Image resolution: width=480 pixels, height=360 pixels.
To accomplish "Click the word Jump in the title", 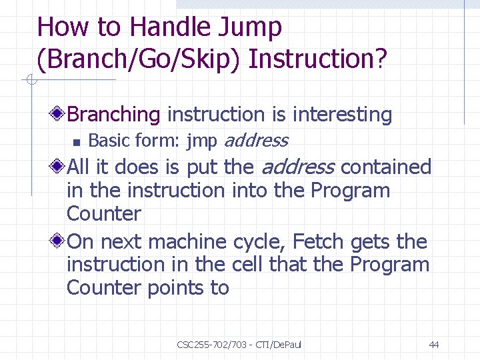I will click(x=251, y=28).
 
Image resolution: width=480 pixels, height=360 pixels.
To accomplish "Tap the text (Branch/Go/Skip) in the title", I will click(x=139, y=59).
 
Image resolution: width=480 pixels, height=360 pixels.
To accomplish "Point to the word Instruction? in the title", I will click(x=317, y=59).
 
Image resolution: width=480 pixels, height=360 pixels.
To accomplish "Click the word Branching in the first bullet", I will click(x=114, y=115).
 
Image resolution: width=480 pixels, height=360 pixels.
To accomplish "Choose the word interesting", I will click(x=342, y=115).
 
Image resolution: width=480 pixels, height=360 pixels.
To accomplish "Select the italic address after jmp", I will click(x=256, y=141).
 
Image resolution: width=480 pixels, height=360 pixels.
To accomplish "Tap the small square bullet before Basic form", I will click(x=77, y=141).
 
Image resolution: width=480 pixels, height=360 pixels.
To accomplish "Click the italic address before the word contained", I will click(x=297, y=167).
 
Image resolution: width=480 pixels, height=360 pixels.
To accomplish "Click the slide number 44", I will click(x=434, y=345).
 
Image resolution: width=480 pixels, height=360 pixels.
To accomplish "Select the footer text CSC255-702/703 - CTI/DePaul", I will click(x=239, y=345).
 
